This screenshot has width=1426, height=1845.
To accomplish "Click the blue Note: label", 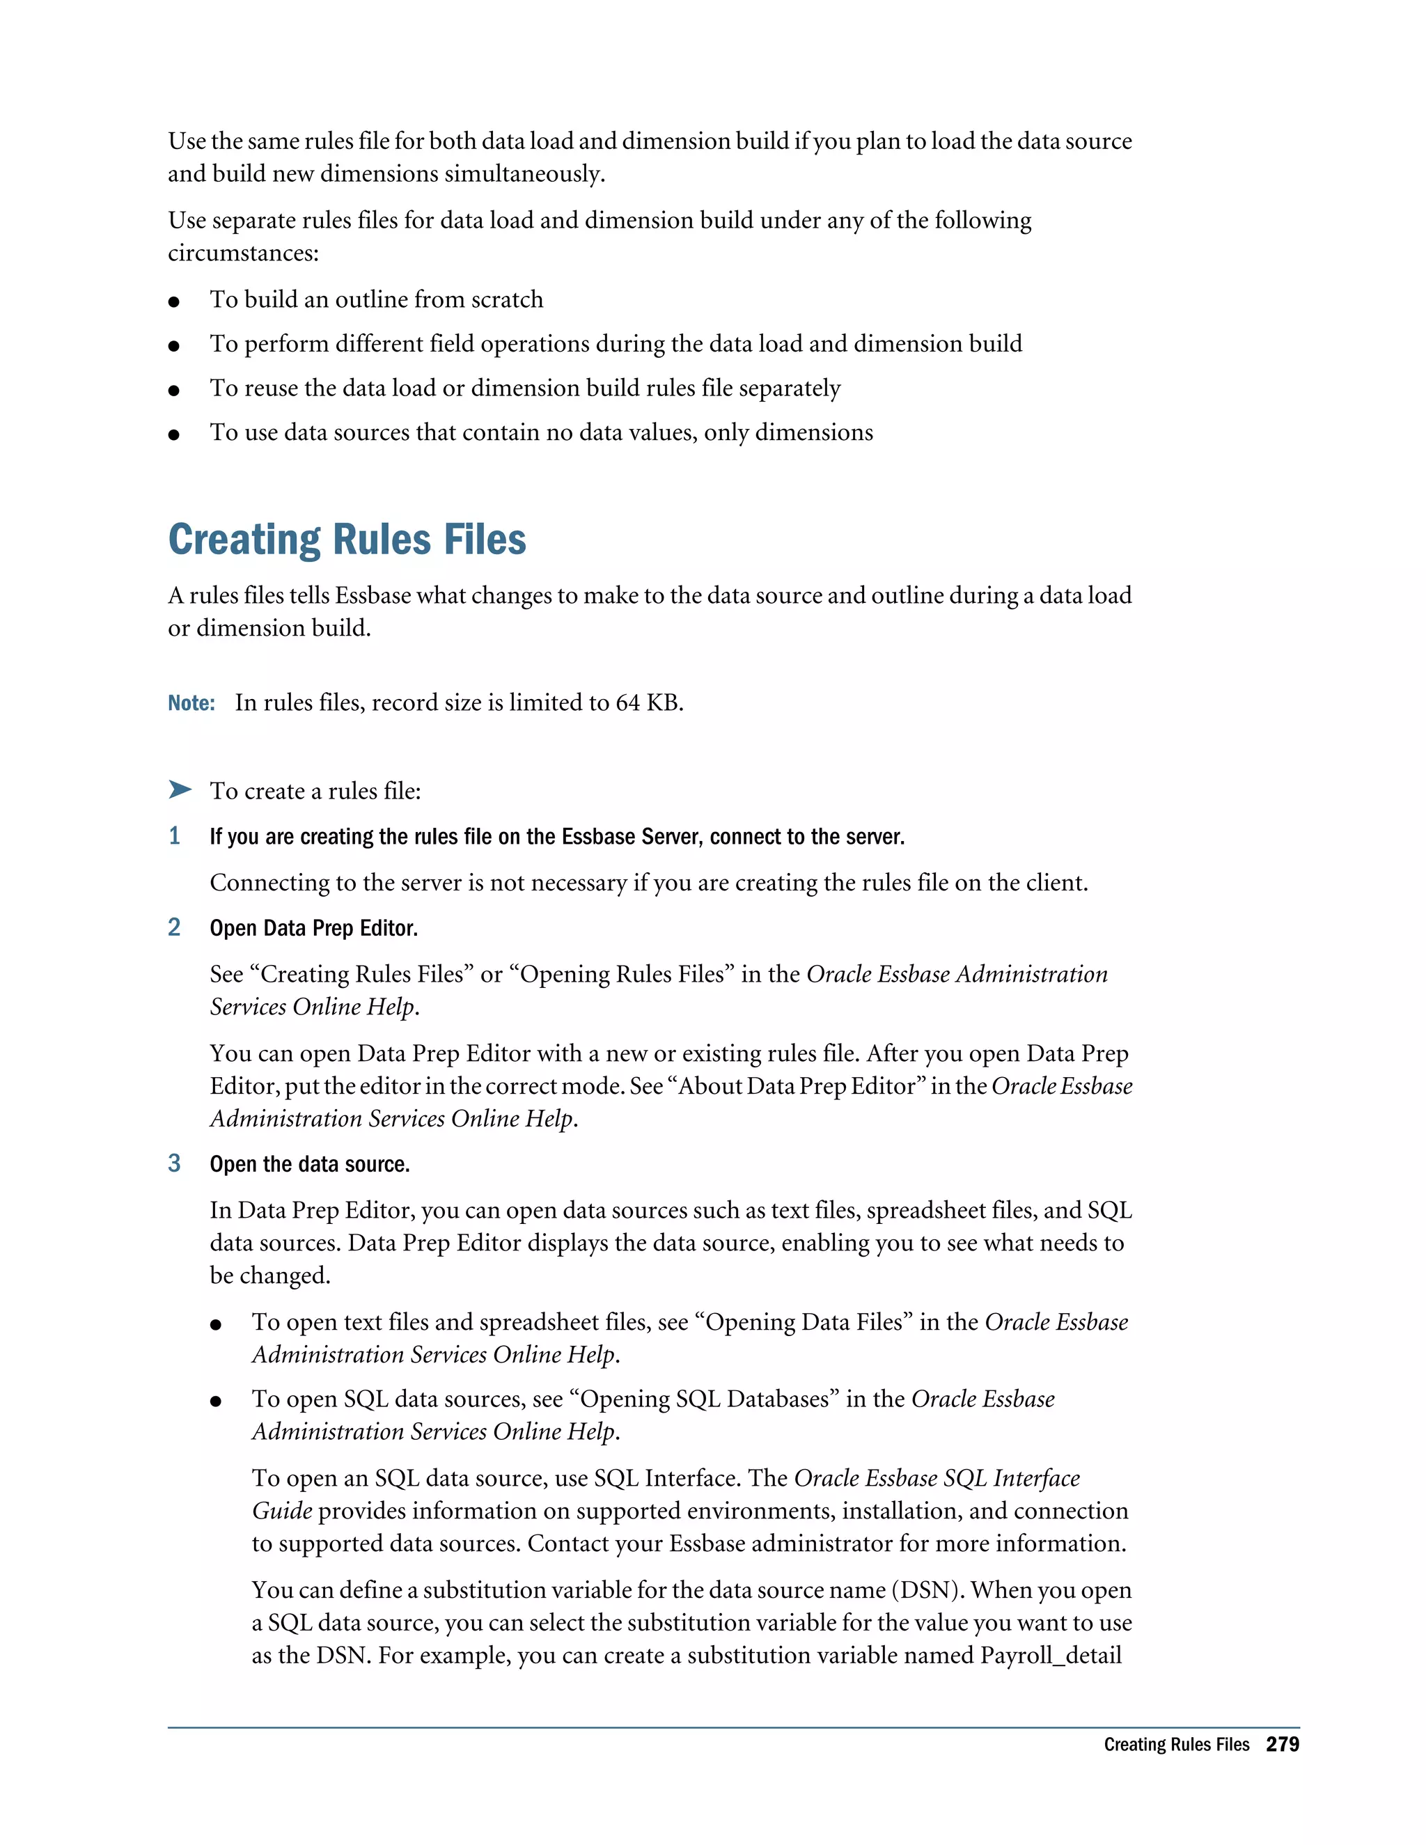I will tap(191, 703).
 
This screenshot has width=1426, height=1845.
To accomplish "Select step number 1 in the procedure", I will tap(174, 836).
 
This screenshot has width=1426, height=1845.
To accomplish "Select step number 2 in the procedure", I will tap(174, 927).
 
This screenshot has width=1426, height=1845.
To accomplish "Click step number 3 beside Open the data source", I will tap(174, 1163).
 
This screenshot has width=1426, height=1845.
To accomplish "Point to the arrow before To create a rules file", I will tap(179, 790).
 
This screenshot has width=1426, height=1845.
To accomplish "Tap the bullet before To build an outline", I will tap(174, 301).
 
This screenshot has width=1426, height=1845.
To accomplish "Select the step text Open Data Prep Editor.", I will tap(313, 928).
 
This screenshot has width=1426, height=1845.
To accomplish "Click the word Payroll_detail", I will tap(1050, 1655).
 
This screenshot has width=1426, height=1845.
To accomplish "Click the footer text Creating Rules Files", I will tap(1176, 1745).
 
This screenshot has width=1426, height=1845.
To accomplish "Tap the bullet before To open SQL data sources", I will tap(217, 1402).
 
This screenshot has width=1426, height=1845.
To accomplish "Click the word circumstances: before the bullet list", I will tap(243, 253).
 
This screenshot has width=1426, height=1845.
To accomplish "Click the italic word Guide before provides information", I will tap(282, 1511).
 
